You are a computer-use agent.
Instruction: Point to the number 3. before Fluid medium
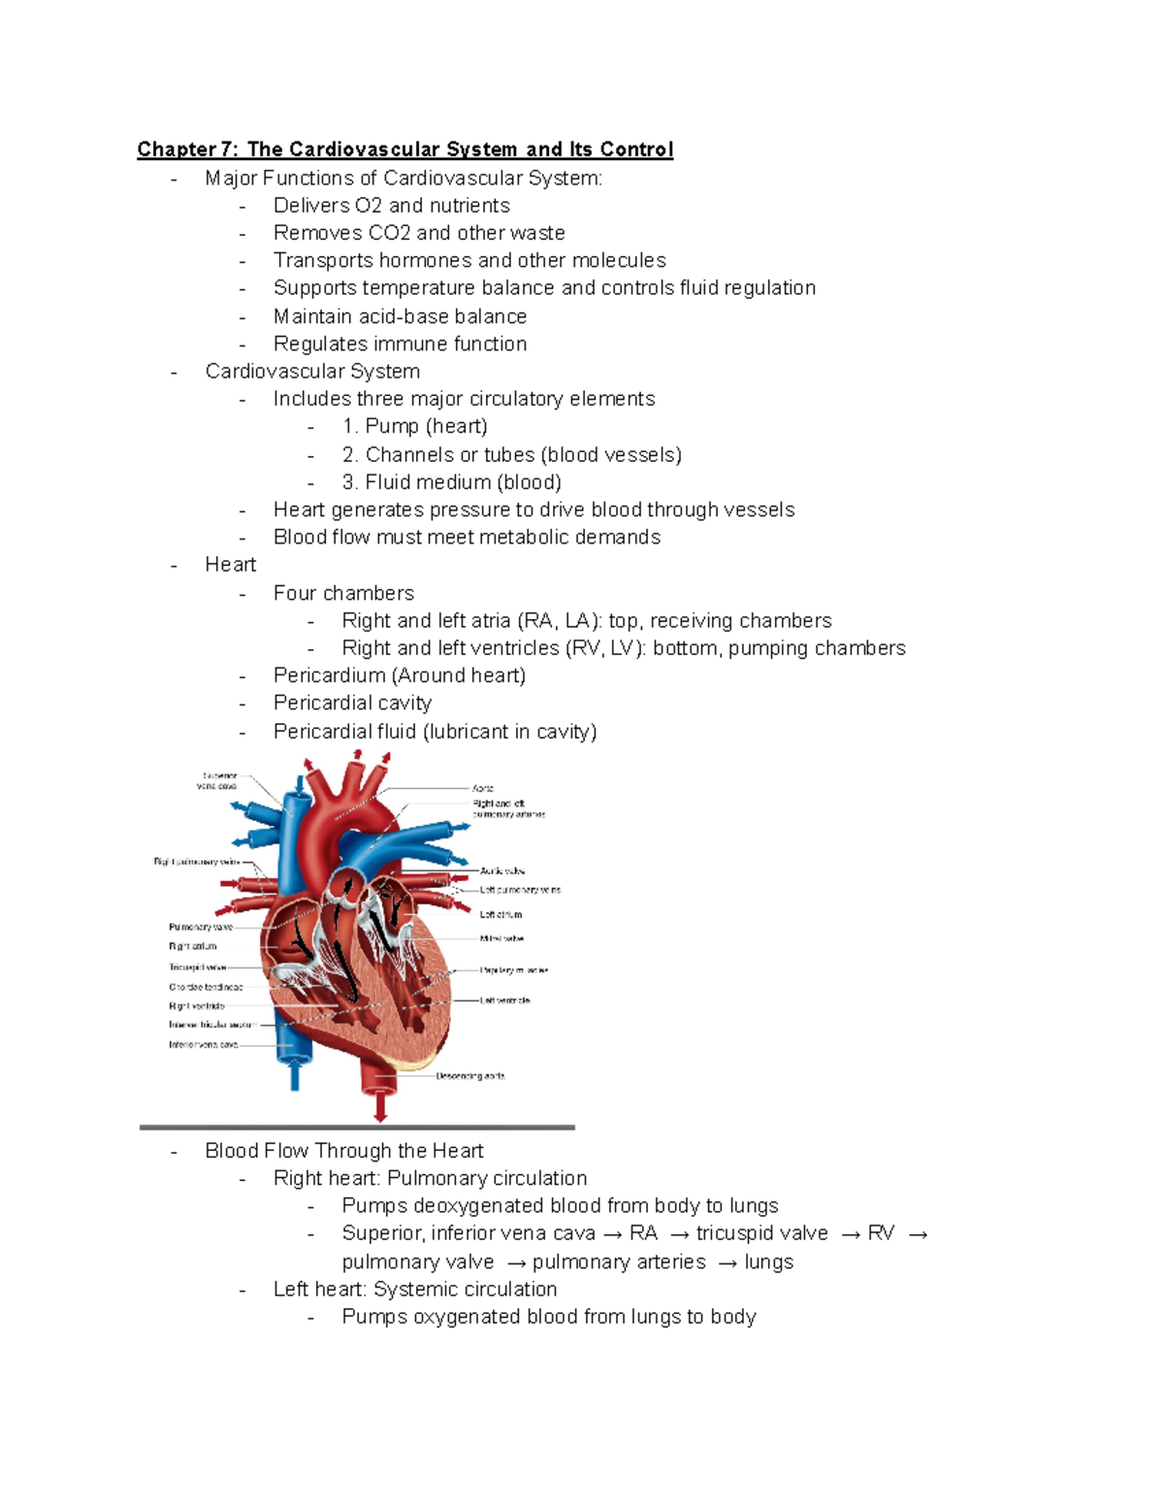point(349,482)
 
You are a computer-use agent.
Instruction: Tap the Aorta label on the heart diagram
point(483,789)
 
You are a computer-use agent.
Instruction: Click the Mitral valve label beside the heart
point(501,939)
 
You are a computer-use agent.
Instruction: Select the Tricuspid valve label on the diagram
point(197,967)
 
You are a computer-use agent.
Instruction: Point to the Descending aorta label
point(470,1076)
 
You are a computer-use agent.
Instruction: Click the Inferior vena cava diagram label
point(203,1045)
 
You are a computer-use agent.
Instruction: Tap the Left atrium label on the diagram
point(501,914)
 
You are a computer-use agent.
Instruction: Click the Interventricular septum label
point(210,1025)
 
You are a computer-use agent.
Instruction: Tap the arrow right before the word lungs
point(727,1262)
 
